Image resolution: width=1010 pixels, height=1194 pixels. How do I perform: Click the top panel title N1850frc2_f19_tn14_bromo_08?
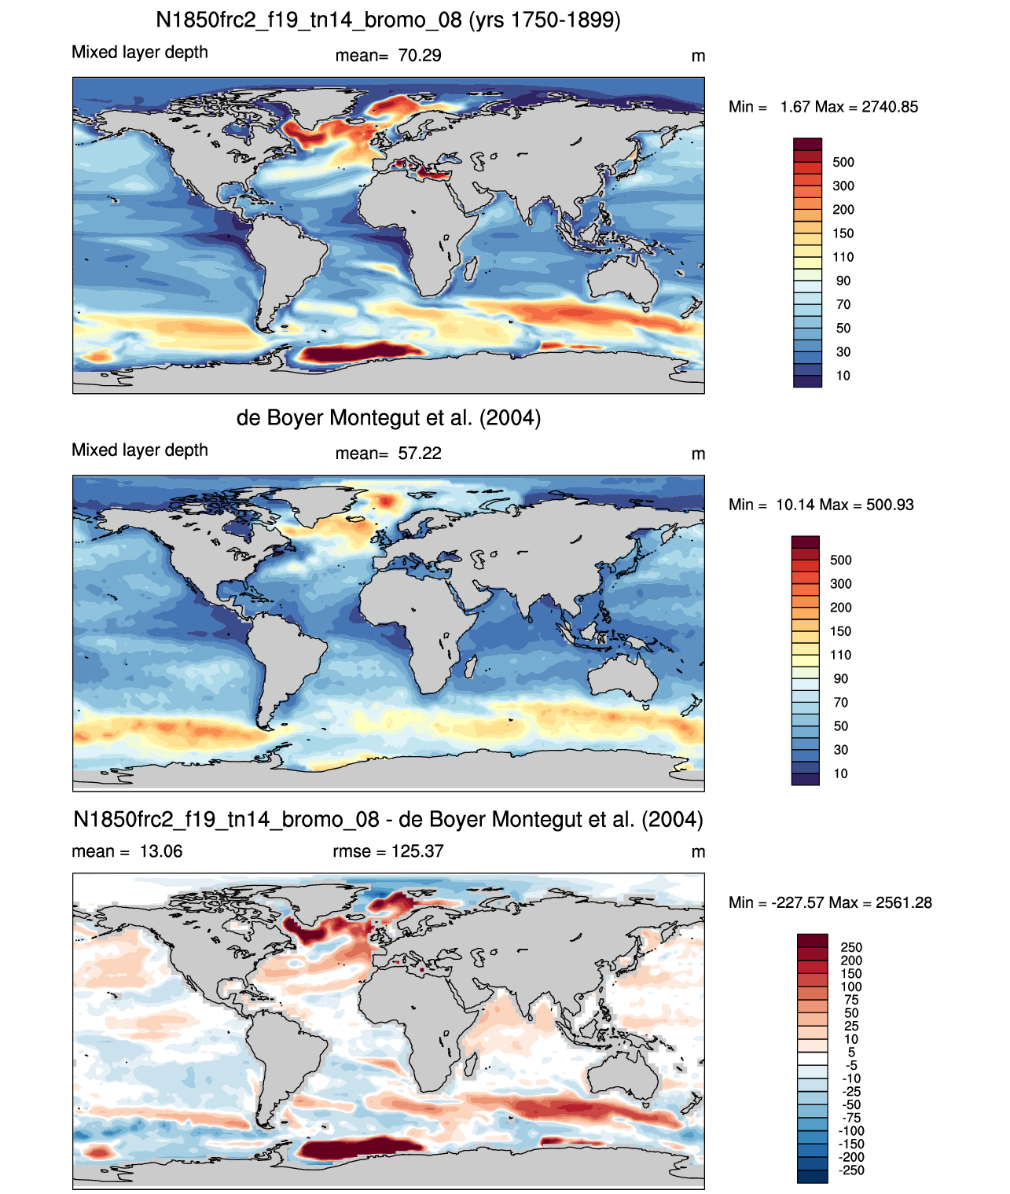[x=309, y=20]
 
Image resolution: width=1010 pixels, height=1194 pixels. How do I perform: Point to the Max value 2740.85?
[x=889, y=107]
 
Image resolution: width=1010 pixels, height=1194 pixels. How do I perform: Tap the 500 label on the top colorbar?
[x=843, y=163]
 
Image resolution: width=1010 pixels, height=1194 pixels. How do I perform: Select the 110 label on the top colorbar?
[x=843, y=257]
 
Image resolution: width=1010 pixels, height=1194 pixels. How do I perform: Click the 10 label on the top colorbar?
[x=843, y=376]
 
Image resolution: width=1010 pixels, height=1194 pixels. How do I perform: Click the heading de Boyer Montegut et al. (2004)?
[x=388, y=417]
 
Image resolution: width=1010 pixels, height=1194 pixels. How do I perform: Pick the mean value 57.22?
[x=419, y=454]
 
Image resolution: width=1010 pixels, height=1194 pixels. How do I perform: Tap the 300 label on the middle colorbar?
[x=841, y=583]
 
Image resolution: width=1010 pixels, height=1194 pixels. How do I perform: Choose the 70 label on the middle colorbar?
[x=841, y=703]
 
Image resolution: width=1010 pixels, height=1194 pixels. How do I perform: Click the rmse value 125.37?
[x=417, y=850]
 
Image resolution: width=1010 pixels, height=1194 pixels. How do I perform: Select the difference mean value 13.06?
[x=160, y=850]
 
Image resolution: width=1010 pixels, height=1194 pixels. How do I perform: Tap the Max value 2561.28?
[x=903, y=902]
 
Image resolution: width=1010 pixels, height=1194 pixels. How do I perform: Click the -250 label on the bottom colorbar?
[x=852, y=1170]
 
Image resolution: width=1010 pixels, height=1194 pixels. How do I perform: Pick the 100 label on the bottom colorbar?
[x=851, y=986]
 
